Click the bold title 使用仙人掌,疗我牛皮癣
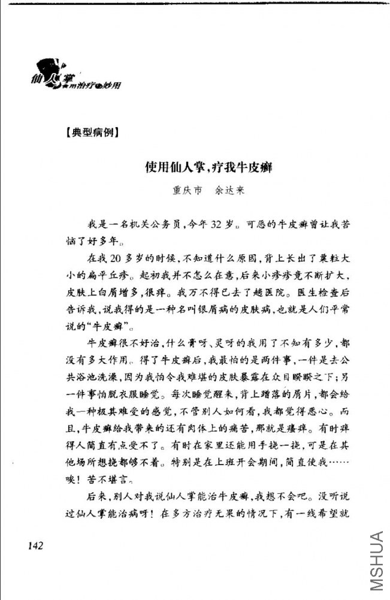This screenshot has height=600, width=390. tap(209, 168)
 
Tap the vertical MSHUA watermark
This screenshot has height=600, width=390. tap(376, 560)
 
